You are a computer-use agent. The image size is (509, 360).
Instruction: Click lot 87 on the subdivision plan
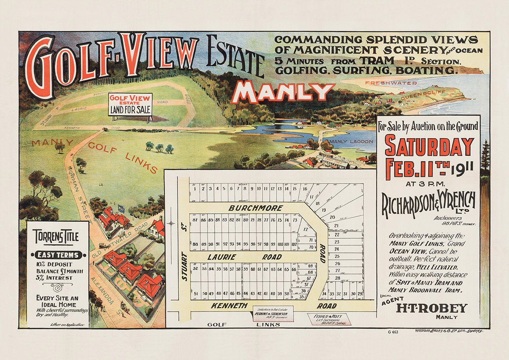click(195, 220)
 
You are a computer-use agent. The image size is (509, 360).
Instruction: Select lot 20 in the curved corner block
click(332, 217)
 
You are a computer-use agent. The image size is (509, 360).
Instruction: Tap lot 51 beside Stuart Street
click(196, 294)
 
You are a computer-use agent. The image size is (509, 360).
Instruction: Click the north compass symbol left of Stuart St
click(171, 223)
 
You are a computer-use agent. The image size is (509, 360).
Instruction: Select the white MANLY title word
click(283, 92)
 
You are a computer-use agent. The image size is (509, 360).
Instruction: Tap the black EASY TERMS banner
click(57, 255)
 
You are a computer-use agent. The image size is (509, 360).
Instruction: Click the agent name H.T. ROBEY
click(431, 308)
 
